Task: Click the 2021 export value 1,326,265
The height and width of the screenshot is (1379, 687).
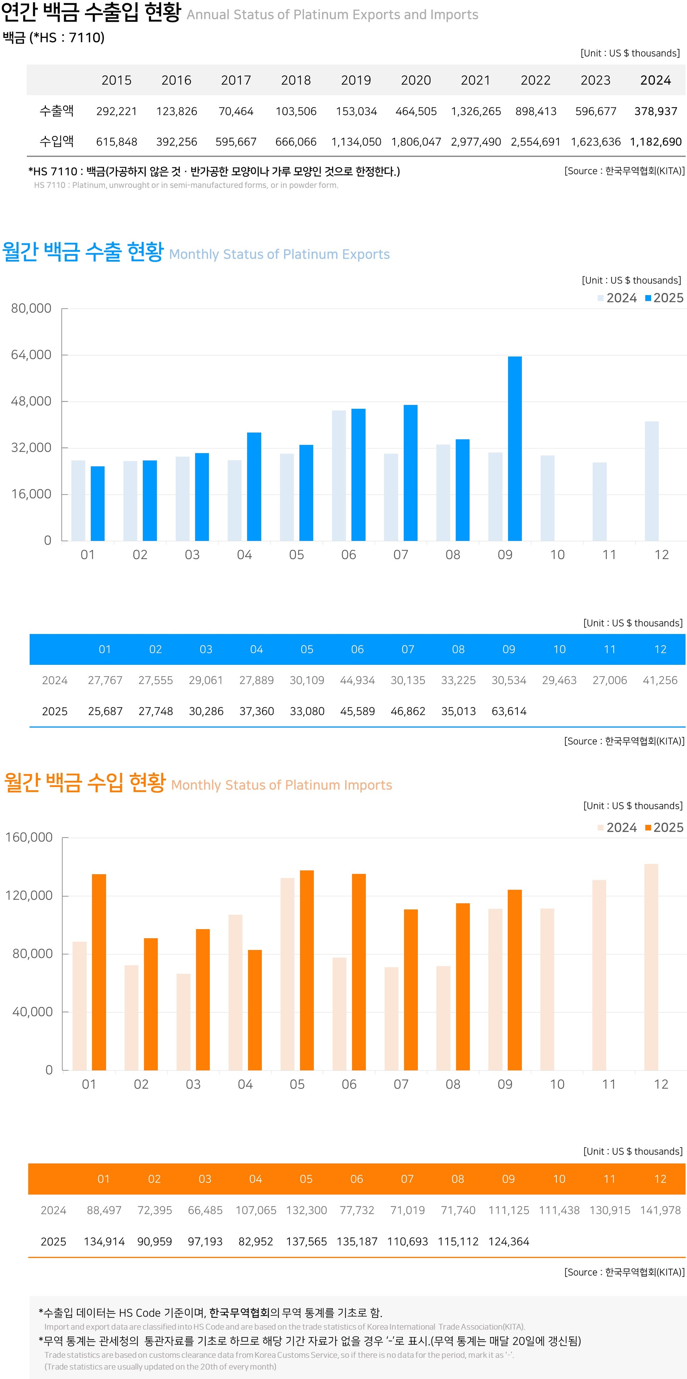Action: click(x=476, y=111)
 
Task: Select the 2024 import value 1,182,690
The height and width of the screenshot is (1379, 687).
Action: click(x=656, y=142)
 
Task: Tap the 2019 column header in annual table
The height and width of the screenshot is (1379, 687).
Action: click(x=356, y=80)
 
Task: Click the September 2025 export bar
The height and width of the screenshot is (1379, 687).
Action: click(x=515, y=448)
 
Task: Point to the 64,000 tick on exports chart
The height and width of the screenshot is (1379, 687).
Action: click(x=31, y=355)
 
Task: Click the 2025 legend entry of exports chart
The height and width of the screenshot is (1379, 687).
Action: click(x=664, y=298)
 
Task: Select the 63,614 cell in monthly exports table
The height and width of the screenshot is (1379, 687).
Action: click(x=509, y=711)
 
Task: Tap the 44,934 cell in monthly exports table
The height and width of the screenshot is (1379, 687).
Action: click(x=357, y=681)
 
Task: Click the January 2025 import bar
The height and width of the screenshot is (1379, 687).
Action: click(x=99, y=972)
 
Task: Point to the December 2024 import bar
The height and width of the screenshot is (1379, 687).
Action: click(x=651, y=967)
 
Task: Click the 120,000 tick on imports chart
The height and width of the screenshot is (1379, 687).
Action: click(x=29, y=895)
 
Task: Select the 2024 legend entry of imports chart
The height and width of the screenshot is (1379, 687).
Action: click(x=617, y=828)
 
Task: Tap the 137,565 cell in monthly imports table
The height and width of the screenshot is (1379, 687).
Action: click(x=306, y=1241)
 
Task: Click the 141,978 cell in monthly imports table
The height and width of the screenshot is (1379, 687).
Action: click(x=660, y=1210)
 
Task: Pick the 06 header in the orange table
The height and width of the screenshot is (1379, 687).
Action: click(x=357, y=1179)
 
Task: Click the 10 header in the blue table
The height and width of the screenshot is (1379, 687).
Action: click(x=559, y=649)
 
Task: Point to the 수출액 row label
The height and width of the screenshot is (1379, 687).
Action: click(x=57, y=111)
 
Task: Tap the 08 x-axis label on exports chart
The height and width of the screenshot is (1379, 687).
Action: click(x=453, y=555)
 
